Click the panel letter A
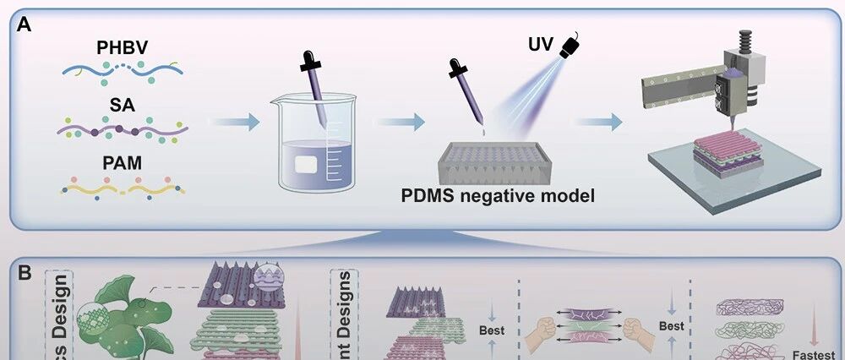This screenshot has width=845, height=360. (x=24, y=25)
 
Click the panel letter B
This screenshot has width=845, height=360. (x=25, y=272)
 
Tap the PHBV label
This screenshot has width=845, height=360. (x=123, y=47)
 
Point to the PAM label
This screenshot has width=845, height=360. (x=123, y=161)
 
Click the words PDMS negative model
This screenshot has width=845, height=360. (x=499, y=198)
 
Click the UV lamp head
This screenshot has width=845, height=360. (x=573, y=44)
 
